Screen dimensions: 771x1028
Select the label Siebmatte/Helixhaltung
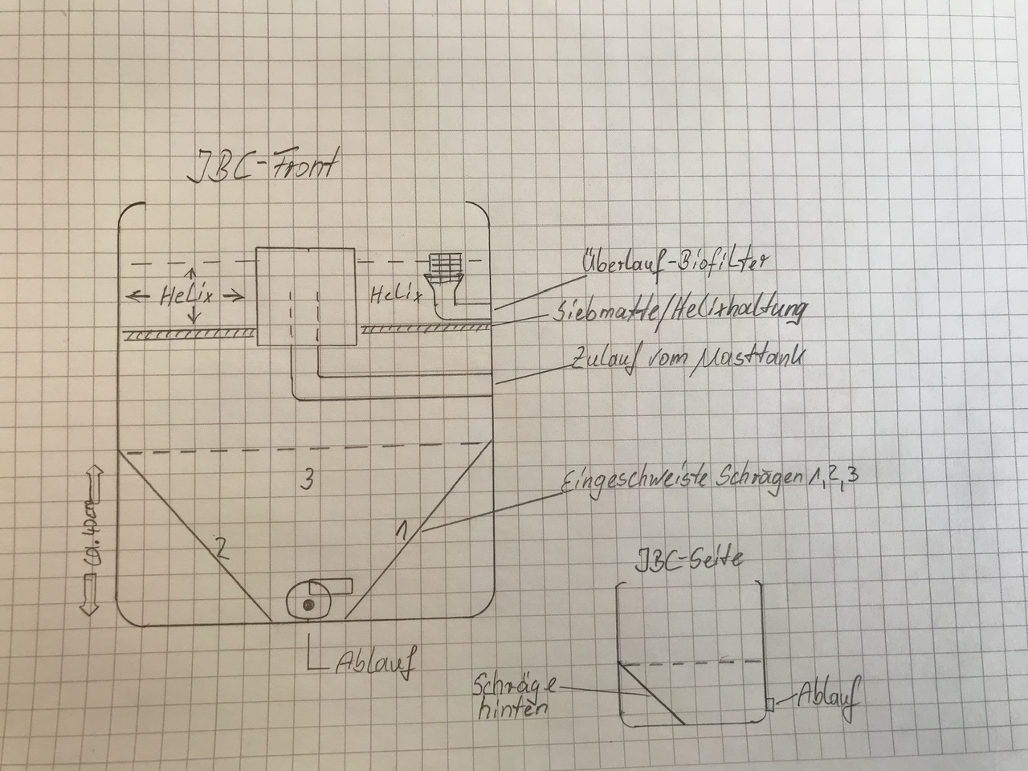pos(679,312)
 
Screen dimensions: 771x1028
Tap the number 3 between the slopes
pos(305,480)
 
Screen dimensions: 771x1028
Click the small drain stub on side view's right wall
pos(769,703)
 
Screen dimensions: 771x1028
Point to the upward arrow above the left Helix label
pos(193,274)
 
